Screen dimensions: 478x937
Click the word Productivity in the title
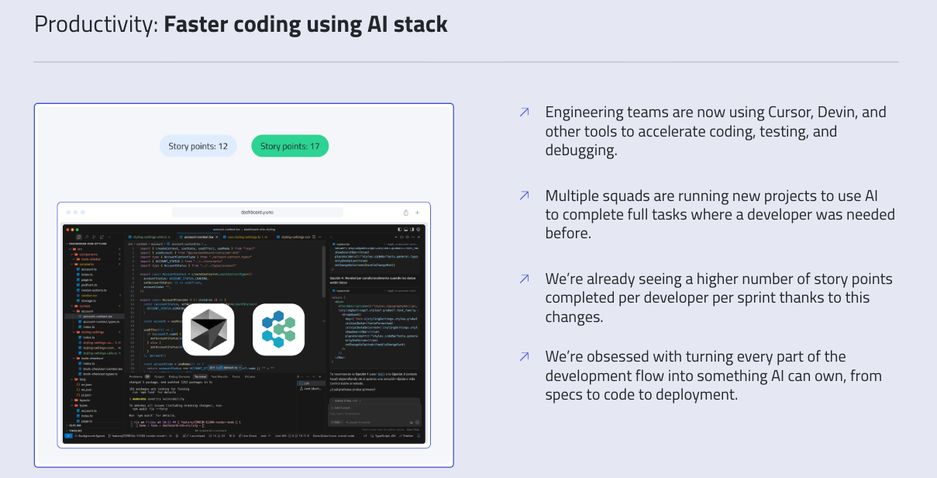95,24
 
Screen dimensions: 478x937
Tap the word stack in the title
418,24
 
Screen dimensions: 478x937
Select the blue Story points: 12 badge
198,146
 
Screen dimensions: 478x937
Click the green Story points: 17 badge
290,146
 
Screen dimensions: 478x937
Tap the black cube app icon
208,329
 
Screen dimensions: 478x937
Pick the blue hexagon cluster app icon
278,329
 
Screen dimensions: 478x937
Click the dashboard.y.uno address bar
257,212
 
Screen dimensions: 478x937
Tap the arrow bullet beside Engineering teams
524,113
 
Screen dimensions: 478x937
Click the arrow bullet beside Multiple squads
524,196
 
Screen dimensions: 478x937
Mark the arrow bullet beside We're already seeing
524,279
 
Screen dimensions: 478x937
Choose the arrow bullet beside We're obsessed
524,357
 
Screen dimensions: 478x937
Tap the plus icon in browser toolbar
417,212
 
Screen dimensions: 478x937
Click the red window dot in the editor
67,230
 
